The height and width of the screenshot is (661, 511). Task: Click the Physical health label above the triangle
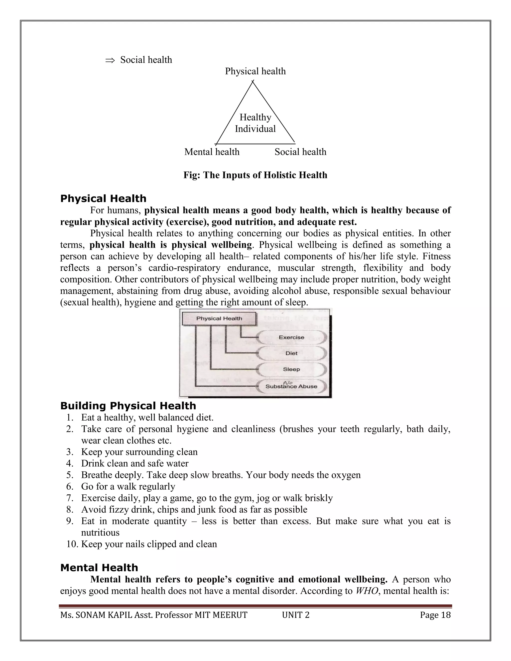point(255,71)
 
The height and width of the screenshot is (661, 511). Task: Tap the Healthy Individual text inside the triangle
point(255,123)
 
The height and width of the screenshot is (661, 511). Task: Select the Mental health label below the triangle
point(212,152)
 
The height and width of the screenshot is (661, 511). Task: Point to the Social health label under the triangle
point(300,152)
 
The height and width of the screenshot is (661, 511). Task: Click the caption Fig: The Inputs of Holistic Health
point(255,175)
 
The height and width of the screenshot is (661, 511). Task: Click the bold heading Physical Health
point(103,199)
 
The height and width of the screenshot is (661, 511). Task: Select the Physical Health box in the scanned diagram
point(219,318)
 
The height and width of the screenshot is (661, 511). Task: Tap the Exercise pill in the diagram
point(291,337)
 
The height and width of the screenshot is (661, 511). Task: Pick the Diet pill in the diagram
point(291,353)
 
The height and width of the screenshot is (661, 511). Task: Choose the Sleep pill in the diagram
point(291,369)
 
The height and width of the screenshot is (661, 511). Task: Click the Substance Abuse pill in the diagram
point(291,386)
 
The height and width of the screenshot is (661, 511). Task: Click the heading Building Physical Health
point(128,406)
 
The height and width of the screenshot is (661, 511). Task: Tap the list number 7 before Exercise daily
point(70,498)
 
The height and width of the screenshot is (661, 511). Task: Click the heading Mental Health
point(99,568)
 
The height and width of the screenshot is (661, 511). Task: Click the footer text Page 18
point(435,615)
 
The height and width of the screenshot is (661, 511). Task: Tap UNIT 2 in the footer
point(295,615)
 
